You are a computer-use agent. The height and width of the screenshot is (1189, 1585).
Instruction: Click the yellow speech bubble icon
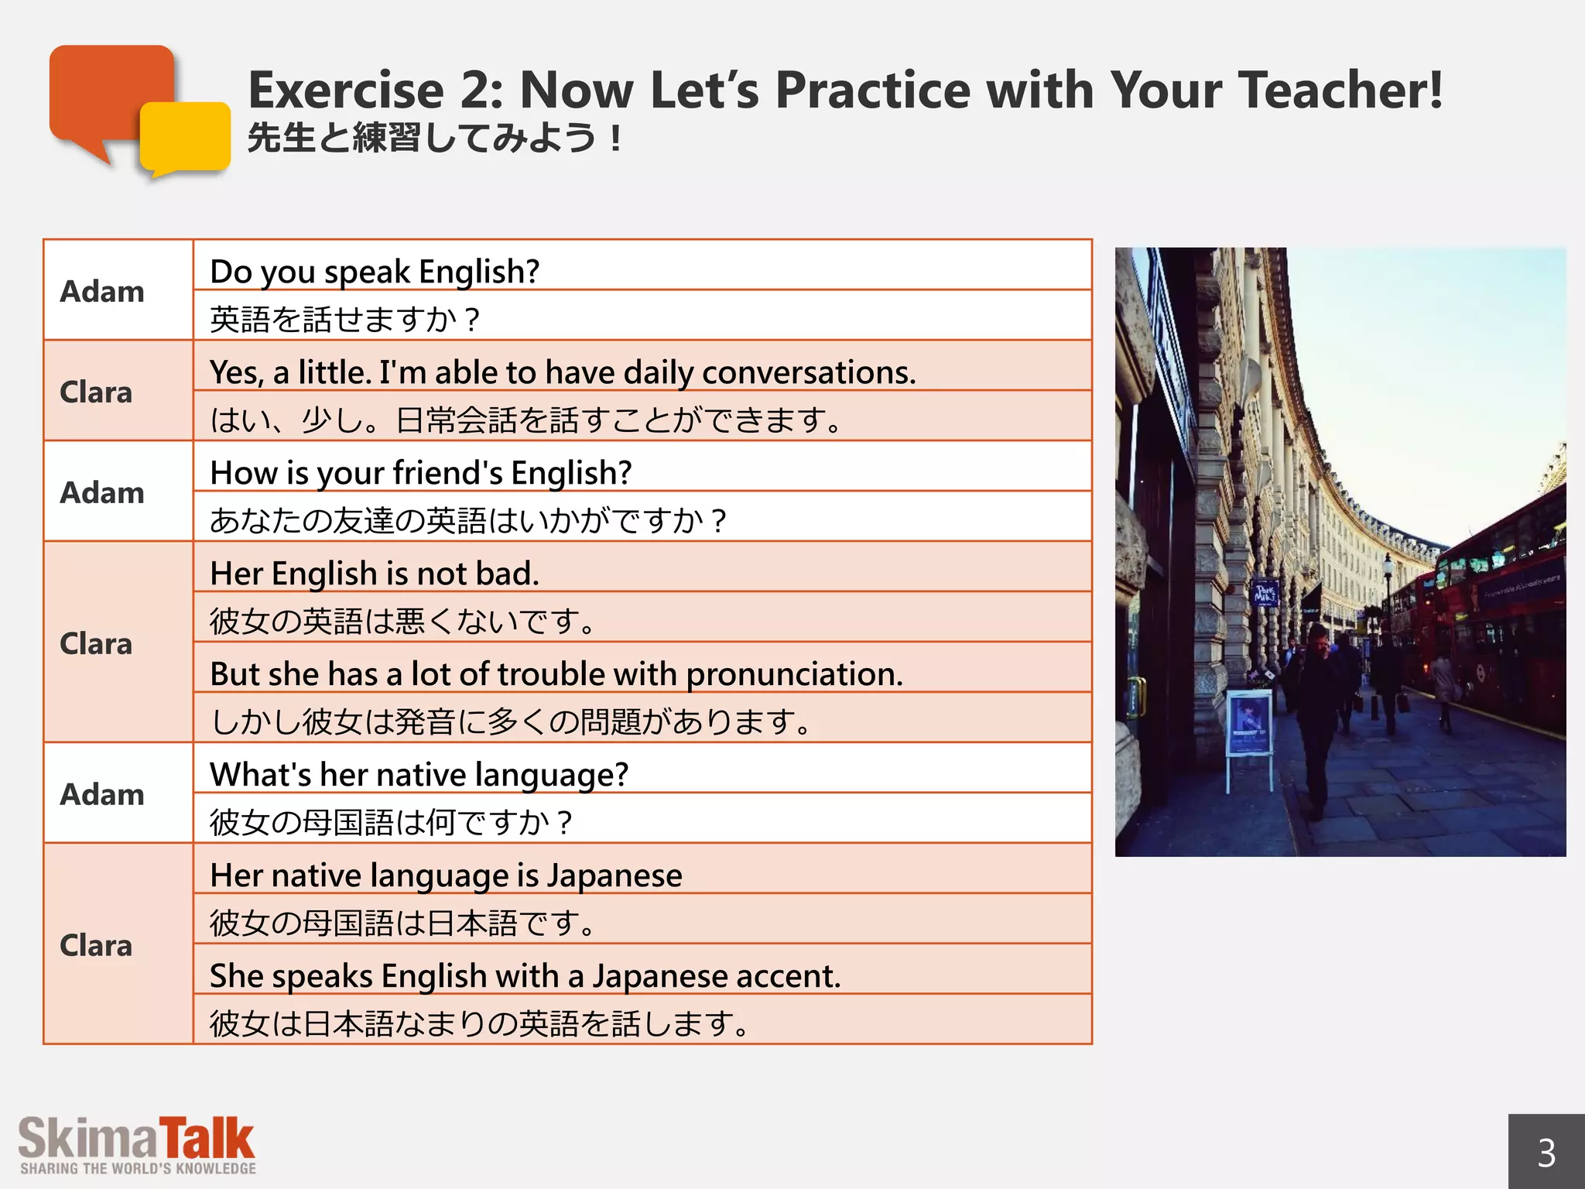186,138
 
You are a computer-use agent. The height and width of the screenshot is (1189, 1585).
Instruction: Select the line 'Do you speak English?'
375,272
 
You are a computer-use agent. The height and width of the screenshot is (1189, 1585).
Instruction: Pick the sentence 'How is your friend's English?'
421,473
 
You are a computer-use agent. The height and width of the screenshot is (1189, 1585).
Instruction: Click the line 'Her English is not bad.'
375,574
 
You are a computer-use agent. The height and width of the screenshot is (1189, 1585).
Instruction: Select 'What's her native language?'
419,775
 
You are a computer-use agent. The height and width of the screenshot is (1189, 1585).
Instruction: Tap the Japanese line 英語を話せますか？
345,319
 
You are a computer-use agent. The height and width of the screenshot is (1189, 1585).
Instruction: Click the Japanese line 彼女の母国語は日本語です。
402,923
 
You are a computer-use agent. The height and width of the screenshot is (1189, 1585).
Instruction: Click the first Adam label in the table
102,292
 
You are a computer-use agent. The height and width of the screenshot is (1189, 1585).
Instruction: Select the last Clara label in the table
96,945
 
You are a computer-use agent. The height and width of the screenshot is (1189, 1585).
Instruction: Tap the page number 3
1546,1153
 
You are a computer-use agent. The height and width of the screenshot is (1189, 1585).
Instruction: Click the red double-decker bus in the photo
1494,619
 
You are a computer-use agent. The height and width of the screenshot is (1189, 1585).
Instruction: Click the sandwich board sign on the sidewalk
1249,728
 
